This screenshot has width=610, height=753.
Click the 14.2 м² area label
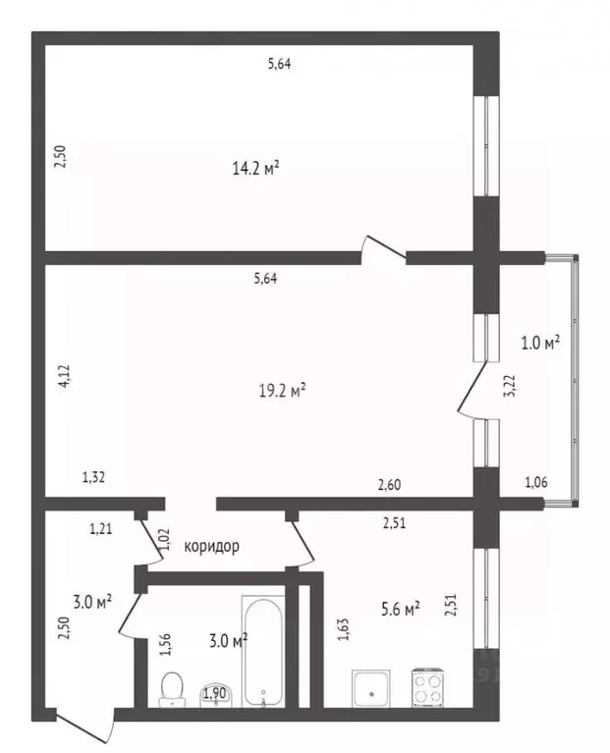[256, 169]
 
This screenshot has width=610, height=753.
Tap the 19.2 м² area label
[283, 391]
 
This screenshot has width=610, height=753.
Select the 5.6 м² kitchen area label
[401, 609]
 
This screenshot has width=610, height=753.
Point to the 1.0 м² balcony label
[540, 344]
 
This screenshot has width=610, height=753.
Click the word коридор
[212, 546]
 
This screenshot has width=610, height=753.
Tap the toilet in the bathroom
[172, 689]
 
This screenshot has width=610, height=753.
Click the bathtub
[263, 652]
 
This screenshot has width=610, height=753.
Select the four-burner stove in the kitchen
[427, 687]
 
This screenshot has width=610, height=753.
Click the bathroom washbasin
[216, 694]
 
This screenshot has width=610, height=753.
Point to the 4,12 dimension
[64, 377]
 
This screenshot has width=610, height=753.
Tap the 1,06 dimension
[536, 482]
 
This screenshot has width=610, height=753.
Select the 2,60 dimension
[389, 485]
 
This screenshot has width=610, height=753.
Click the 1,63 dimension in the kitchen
[344, 629]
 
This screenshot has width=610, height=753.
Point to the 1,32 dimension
[93, 477]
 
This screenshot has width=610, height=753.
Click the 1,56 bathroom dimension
[166, 645]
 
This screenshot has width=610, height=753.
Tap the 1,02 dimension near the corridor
[164, 539]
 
